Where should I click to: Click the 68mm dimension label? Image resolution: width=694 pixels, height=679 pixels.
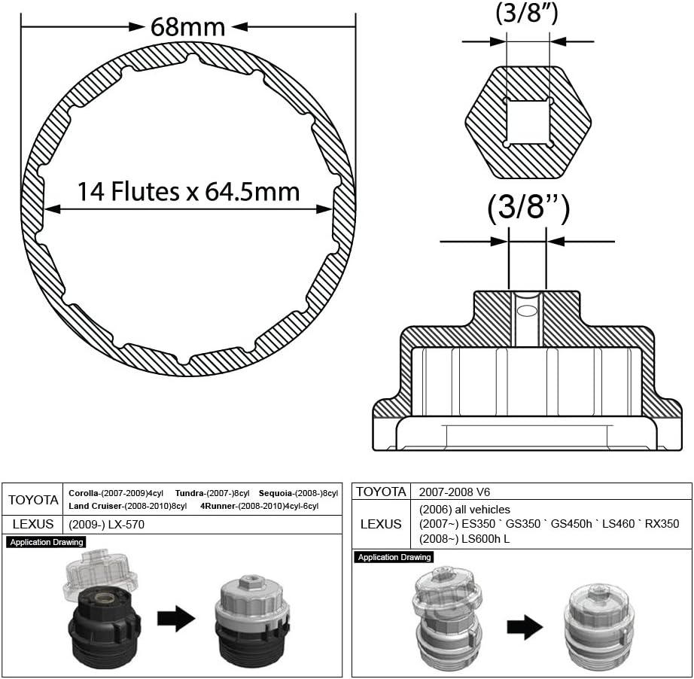pos(187,27)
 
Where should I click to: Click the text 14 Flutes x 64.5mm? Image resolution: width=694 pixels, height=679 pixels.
pos(188,192)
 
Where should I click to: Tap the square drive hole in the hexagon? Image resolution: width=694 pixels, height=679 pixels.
pos(528,123)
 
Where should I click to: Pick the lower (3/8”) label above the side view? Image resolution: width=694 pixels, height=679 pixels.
pos(528,208)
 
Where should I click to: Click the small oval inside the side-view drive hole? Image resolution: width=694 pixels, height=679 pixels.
pos(527,310)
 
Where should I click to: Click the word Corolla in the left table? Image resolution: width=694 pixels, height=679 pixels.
pos(84,493)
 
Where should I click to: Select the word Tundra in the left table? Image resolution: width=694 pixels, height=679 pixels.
pos(190,493)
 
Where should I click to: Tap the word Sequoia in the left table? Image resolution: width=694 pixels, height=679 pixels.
pos(275,493)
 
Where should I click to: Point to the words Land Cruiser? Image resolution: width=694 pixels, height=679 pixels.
pos(95,506)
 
